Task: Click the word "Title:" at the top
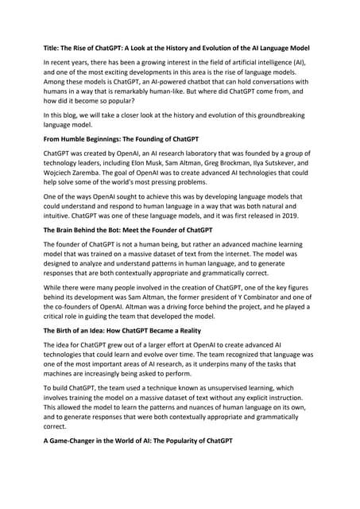point(52,48)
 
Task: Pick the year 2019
point(305,236)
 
